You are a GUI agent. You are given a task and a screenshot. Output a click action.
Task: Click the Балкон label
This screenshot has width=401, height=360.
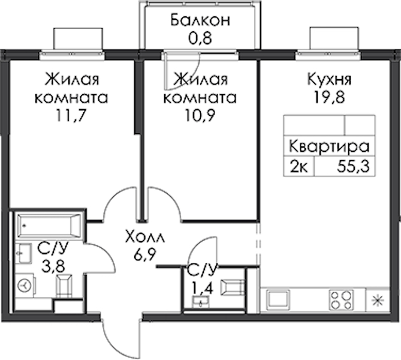pos(200,20)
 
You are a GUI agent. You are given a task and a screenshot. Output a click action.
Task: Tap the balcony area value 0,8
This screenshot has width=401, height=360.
pos(200,38)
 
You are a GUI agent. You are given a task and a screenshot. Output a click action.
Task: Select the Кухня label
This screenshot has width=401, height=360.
pos(329,80)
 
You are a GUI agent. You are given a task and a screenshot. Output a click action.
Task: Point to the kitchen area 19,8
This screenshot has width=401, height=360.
pos(329,97)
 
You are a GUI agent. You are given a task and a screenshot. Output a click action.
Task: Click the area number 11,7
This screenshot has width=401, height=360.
pos(71,116)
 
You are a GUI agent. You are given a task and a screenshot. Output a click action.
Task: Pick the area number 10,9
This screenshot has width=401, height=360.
pos(200,116)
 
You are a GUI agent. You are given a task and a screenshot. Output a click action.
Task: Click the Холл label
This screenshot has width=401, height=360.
pos(145,238)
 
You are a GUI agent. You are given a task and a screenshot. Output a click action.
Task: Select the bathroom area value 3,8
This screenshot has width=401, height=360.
pos(53,266)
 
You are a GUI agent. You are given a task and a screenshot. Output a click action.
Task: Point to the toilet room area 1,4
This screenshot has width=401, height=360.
pos(203,289)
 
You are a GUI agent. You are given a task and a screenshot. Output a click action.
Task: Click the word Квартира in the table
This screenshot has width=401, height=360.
pos(330,147)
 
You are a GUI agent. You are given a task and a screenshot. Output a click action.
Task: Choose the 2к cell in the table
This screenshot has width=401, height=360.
pos(299,167)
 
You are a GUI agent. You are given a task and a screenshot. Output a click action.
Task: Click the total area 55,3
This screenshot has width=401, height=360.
pos(354,167)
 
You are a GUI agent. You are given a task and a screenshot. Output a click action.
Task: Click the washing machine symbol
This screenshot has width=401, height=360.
pos(25,285)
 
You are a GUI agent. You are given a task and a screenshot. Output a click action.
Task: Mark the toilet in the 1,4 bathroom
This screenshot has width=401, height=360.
pos(232,287)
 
